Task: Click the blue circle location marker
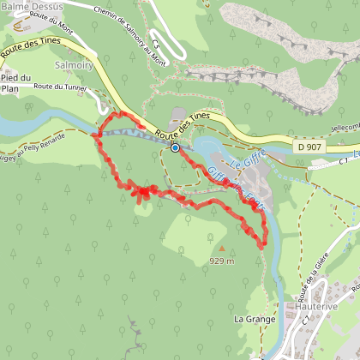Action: click(x=175, y=147)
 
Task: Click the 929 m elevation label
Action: click(x=222, y=261)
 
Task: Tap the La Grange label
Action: click(x=251, y=317)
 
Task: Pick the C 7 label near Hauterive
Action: click(x=306, y=320)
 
